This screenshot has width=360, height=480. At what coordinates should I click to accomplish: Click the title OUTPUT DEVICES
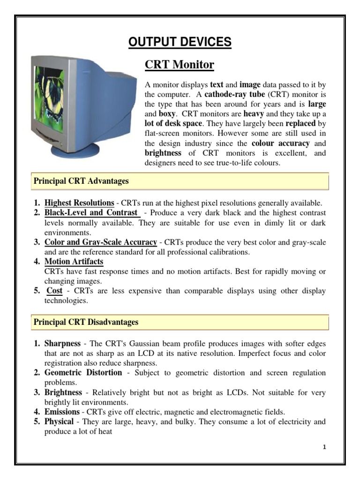180,42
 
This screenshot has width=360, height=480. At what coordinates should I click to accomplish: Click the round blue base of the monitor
75,151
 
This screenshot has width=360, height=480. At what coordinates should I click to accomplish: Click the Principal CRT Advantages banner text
81,180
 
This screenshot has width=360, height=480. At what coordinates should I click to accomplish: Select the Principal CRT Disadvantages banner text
85,322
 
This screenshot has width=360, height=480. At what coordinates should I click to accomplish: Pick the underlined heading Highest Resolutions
79,203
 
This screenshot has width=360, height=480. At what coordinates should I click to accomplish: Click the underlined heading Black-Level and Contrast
91,212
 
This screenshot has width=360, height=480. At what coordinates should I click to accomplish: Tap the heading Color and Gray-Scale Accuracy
100,242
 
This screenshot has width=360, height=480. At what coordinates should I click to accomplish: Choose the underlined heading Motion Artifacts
74,262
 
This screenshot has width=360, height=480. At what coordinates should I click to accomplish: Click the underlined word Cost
54,291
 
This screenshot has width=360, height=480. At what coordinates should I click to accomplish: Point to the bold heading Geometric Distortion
83,373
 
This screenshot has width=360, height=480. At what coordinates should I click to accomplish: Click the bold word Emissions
62,412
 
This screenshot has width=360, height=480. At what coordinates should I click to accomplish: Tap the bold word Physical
59,421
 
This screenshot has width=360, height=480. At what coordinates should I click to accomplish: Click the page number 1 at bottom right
324,447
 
